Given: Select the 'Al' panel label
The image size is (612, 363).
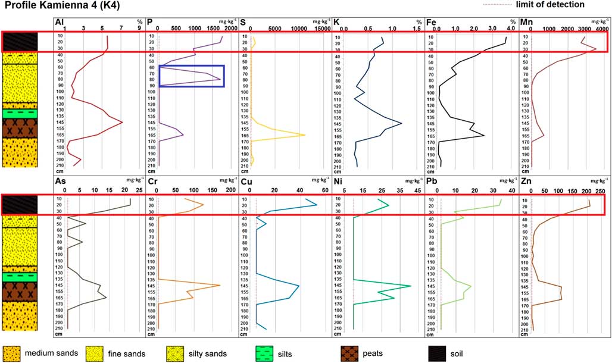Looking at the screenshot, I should (59, 23).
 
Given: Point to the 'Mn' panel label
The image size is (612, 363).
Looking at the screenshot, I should (526, 23).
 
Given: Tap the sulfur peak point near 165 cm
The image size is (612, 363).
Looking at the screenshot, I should (305, 135).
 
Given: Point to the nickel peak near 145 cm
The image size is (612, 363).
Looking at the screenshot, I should (411, 286).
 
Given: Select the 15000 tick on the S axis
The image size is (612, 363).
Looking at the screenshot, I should (322, 28).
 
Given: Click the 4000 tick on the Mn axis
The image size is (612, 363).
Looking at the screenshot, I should (602, 28).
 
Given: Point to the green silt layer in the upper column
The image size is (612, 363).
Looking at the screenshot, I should (20, 112).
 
